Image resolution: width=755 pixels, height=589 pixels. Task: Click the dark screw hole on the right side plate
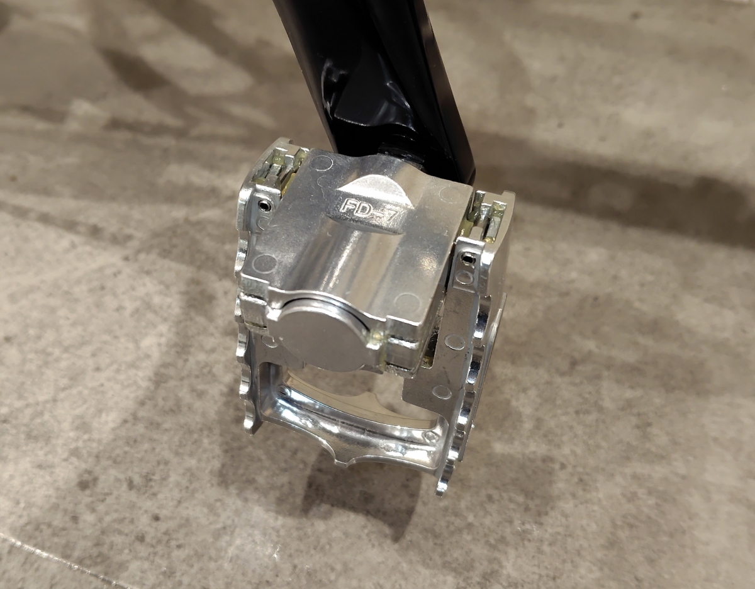coord(467,259)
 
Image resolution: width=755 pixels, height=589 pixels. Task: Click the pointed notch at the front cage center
coord(348,461)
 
